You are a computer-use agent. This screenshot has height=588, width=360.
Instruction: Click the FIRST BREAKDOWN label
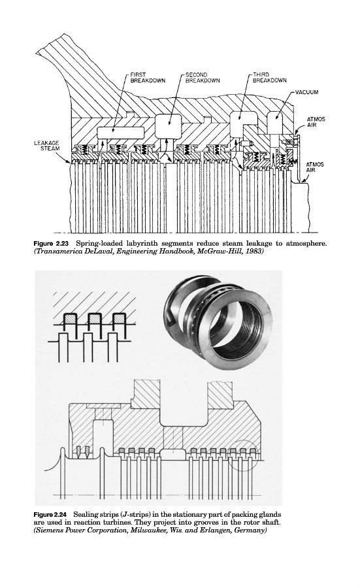148,78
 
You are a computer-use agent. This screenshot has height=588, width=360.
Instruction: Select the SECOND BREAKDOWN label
203,78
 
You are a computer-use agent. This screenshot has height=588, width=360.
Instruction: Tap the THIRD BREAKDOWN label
269,77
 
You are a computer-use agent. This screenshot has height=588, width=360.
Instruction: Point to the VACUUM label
306,92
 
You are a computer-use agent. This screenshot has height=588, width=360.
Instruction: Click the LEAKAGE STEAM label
46,146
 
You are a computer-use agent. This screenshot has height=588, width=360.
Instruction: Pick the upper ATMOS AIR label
316,122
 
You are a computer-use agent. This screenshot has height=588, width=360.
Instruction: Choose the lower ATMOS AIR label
315,167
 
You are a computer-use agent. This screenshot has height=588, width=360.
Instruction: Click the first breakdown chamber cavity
121,132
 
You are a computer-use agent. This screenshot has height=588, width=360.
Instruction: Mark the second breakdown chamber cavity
168,125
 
